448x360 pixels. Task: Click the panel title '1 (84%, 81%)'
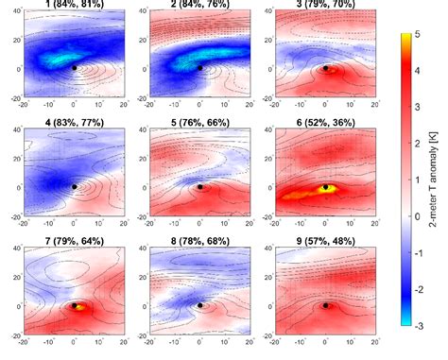pyautogui.click(x=74, y=6)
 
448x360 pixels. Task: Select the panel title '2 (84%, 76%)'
pyautogui.click(x=199, y=6)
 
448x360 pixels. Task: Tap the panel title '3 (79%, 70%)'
pyautogui.click(x=325, y=6)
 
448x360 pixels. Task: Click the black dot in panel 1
pyautogui.click(x=74, y=68)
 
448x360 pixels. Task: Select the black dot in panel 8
pyautogui.click(x=199, y=305)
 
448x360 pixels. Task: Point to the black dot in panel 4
pyautogui.click(x=74, y=187)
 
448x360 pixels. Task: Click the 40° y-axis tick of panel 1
pyautogui.click(x=11, y=12)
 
